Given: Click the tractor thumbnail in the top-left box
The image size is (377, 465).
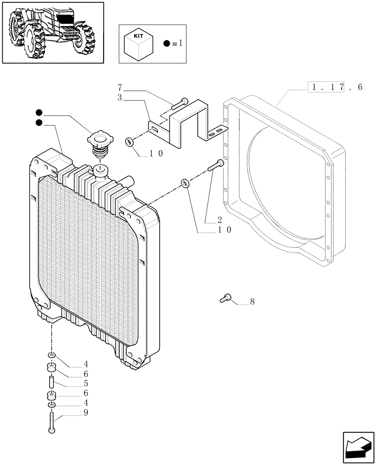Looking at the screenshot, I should pyautogui.click(x=52, y=32).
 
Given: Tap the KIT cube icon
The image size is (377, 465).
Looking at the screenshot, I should pyautogui.click(x=139, y=44).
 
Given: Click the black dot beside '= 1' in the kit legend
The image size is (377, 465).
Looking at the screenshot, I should pyautogui.click(x=167, y=44).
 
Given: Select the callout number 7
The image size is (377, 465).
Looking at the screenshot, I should pyautogui.click(x=120, y=87).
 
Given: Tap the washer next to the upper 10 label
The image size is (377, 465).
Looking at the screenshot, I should pyautogui.click(x=129, y=141).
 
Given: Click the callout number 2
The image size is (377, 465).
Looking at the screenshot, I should pyautogui.click(x=220, y=219).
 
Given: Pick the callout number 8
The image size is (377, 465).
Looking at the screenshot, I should pyautogui.click(x=252, y=302).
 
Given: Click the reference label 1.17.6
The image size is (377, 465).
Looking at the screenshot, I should pyautogui.click(x=335, y=87).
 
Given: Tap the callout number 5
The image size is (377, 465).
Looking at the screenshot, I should pyautogui.click(x=86, y=385).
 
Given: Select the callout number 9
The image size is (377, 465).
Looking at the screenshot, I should pyautogui.click(x=86, y=412).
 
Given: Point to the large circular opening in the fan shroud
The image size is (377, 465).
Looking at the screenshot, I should pyautogui.click(x=288, y=186).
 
